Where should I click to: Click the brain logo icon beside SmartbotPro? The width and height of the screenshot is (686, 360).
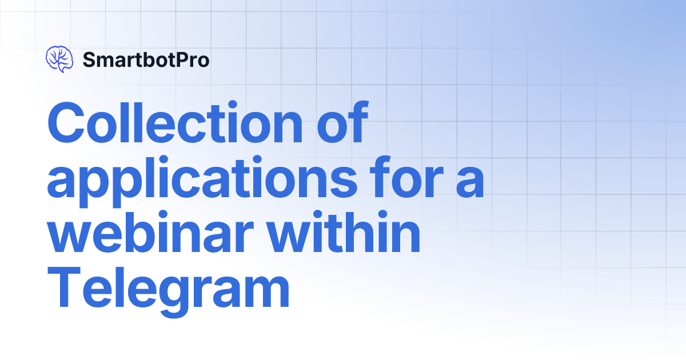tap(59, 59)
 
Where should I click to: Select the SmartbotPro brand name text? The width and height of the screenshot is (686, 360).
tap(146, 59)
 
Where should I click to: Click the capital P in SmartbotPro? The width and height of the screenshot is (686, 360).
tap(181, 59)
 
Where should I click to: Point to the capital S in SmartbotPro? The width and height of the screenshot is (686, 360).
tap(89, 59)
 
